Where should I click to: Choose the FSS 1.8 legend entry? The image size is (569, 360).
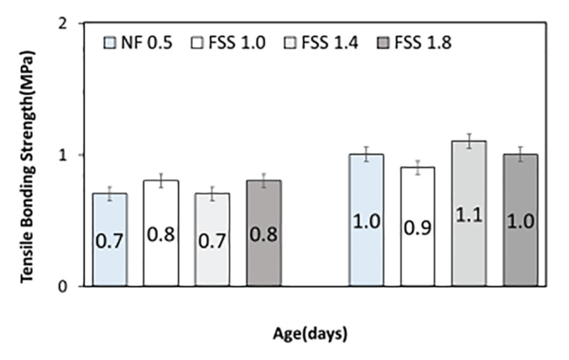click(x=415, y=41)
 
